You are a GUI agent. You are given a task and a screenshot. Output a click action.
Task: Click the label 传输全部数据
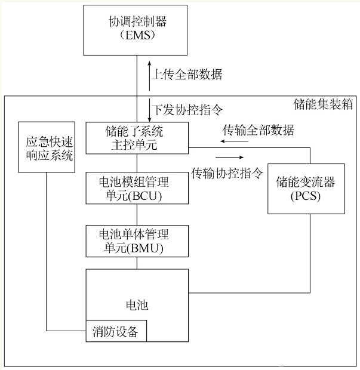click(x=259, y=129)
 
